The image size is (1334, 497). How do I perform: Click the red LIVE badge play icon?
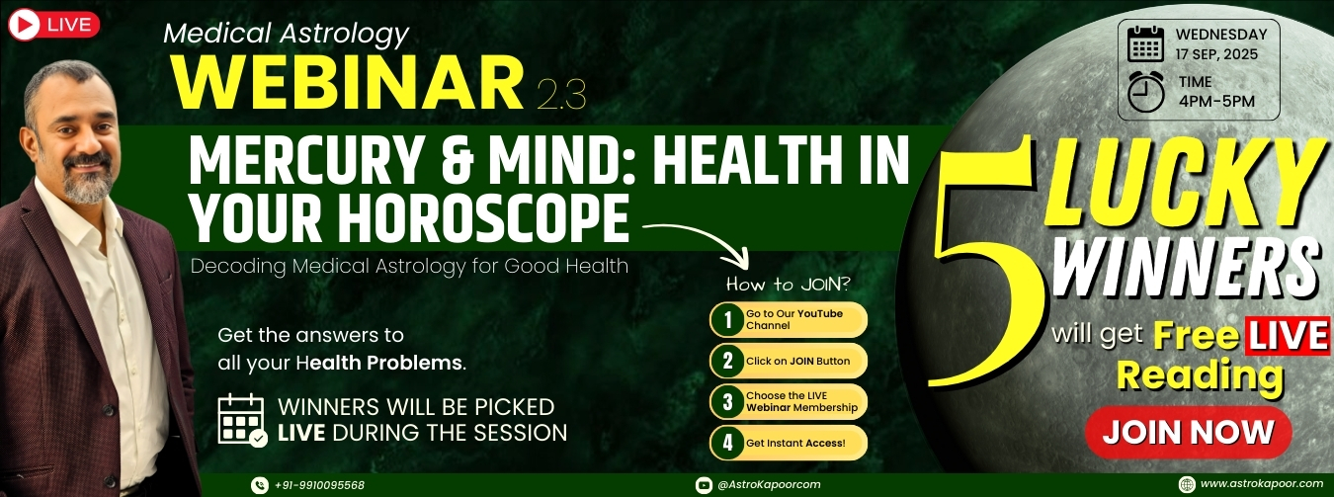coord(25,25)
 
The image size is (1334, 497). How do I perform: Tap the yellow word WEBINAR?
coord(348,83)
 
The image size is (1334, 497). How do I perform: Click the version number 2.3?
coord(561,95)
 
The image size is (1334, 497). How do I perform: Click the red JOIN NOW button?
coord(1188,432)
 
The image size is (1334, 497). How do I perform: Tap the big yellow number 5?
coord(987,262)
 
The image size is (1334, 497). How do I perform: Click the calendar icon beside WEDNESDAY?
coord(1146,43)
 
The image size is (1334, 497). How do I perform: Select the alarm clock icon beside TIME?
coord(1146,92)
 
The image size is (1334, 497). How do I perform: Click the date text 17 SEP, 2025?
coord(1216,54)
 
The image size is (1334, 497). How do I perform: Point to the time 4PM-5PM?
coord(1216,101)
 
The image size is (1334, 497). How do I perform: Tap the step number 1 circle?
coord(727,319)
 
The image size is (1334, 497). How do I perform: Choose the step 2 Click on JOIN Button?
coord(789,361)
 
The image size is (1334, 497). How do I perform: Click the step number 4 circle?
coord(727,443)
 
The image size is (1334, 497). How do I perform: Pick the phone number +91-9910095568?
coord(319,485)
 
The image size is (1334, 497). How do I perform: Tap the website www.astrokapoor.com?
coord(1260,484)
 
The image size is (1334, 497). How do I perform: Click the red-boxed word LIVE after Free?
coord(1288,336)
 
